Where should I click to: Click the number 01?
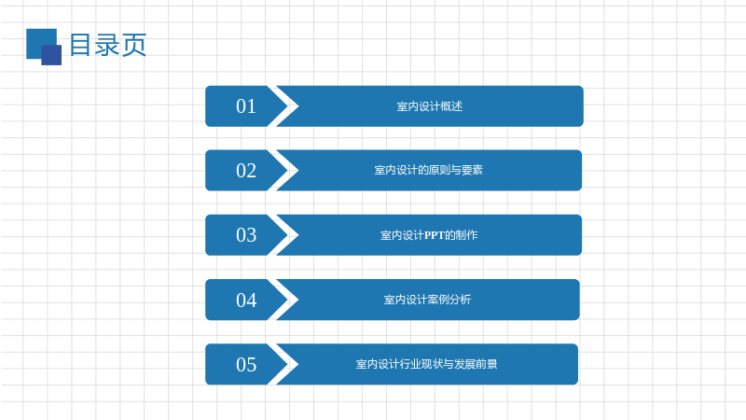click(x=246, y=106)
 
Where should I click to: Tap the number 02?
click(x=246, y=171)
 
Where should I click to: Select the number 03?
click(x=246, y=235)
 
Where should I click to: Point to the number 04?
click(x=246, y=300)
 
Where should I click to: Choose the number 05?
click(x=246, y=365)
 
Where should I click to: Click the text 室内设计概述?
click(x=430, y=106)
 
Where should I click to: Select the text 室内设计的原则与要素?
click(x=428, y=170)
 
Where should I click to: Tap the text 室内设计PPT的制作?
click(x=429, y=235)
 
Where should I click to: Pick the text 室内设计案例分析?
click(x=427, y=300)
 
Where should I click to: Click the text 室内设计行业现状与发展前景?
click(x=426, y=364)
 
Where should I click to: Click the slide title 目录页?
click(x=108, y=45)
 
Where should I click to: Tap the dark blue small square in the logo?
click(x=51, y=55)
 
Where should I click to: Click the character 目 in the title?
click(x=80, y=45)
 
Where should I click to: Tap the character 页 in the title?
click(x=134, y=45)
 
